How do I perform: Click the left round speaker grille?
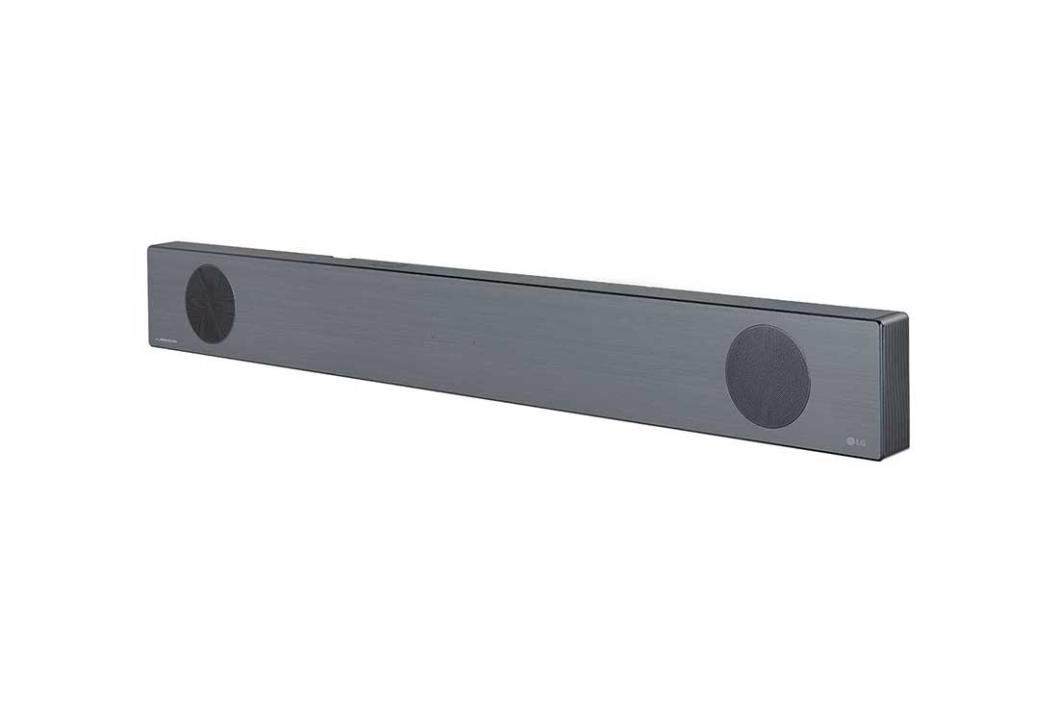[x=210, y=304]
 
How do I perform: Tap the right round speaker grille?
[x=768, y=376]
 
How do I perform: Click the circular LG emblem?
[x=850, y=441]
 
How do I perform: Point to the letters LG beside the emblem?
[x=862, y=442]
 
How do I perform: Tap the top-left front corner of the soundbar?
[x=149, y=246]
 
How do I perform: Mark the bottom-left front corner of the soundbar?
[x=149, y=352]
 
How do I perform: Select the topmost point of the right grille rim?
[x=767, y=324]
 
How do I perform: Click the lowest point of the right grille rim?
[x=768, y=428]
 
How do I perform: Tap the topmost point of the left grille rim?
[x=209, y=264]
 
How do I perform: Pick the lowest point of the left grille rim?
[x=211, y=343]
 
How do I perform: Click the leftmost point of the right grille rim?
[x=725, y=375]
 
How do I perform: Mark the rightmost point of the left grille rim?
[x=236, y=305]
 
